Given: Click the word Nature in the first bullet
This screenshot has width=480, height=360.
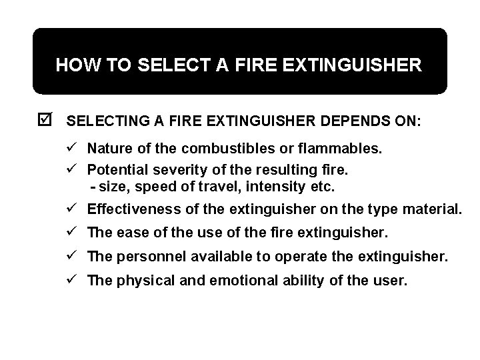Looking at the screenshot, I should click(x=109, y=148).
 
